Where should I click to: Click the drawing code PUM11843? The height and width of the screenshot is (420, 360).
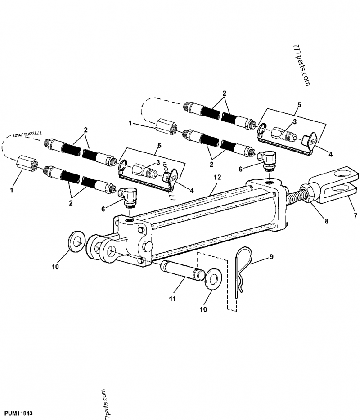click(x=18, y=412)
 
